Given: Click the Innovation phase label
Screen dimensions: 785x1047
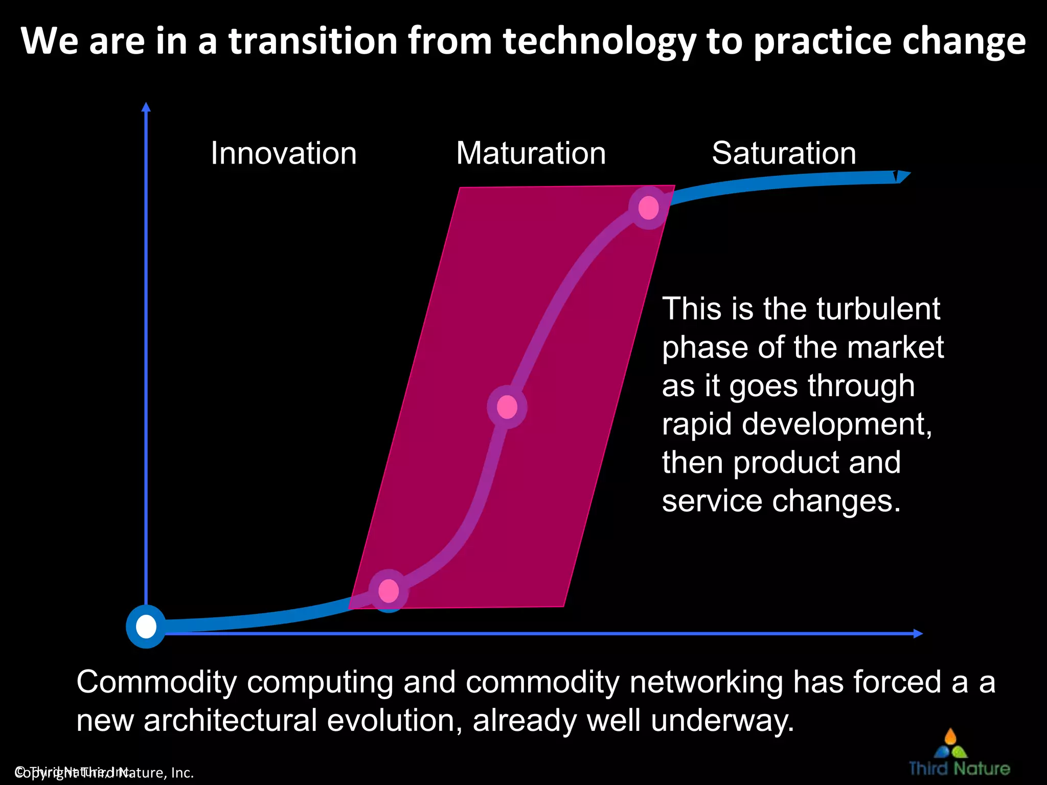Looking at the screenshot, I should (284, 153).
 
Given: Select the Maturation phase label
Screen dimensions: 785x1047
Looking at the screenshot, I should (531, 153).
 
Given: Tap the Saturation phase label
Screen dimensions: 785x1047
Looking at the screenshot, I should (784, 153).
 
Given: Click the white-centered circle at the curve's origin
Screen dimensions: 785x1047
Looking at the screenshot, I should (146, 627).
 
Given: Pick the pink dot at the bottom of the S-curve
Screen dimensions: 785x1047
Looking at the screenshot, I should (389, 590).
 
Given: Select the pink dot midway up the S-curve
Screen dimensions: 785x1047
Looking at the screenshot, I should (507, 407).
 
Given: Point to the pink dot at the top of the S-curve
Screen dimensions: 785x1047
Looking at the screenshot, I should (648, 207).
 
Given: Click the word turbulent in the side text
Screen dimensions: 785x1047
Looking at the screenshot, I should (878, 309).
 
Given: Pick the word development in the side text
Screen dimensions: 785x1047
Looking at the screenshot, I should (837, 424).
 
